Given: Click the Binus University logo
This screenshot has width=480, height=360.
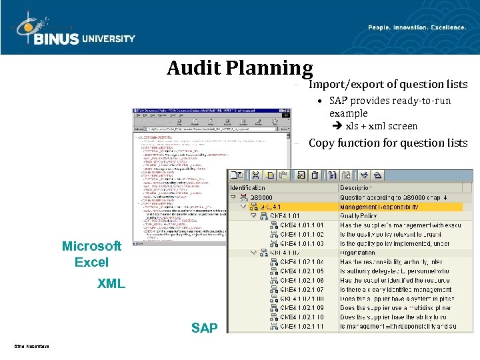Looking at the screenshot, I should point(73,30).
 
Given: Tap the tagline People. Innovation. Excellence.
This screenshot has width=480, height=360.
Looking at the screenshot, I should point(417,27).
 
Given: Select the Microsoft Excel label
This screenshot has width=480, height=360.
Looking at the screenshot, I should point(91,254).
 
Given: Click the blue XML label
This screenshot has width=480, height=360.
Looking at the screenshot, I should point(111,284).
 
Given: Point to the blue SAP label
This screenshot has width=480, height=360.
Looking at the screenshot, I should point(204,327).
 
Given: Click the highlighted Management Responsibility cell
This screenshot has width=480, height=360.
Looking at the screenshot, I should point(379,207).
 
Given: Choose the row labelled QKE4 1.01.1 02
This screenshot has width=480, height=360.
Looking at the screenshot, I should point(302,235).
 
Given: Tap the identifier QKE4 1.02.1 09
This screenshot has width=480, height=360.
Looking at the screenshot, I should point(302,308).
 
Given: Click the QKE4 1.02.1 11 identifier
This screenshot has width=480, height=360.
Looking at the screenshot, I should point(302,326).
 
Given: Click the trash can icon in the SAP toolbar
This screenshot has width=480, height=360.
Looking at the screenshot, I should point(327,175).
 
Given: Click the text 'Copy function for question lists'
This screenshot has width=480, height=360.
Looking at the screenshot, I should point(388,143).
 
